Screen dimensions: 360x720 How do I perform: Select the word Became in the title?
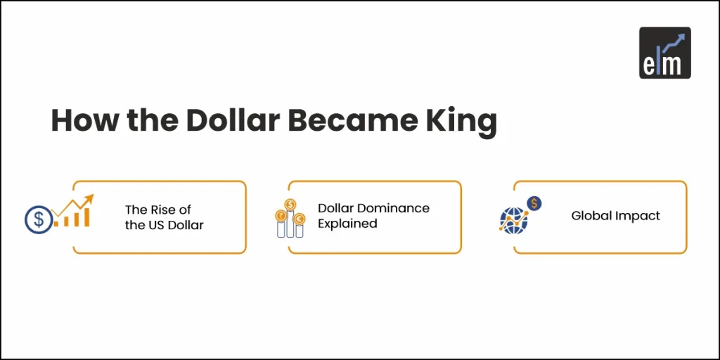349,121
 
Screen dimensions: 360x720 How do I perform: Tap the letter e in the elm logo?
651,65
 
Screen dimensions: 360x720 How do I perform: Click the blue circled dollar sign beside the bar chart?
38,219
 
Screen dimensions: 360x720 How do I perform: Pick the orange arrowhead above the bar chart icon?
89,199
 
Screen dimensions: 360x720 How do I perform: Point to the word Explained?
347,224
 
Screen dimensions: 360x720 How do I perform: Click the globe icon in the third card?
513,221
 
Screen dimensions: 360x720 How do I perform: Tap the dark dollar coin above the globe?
534,204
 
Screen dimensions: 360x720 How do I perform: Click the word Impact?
638,216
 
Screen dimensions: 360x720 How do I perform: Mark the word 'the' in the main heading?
145,121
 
